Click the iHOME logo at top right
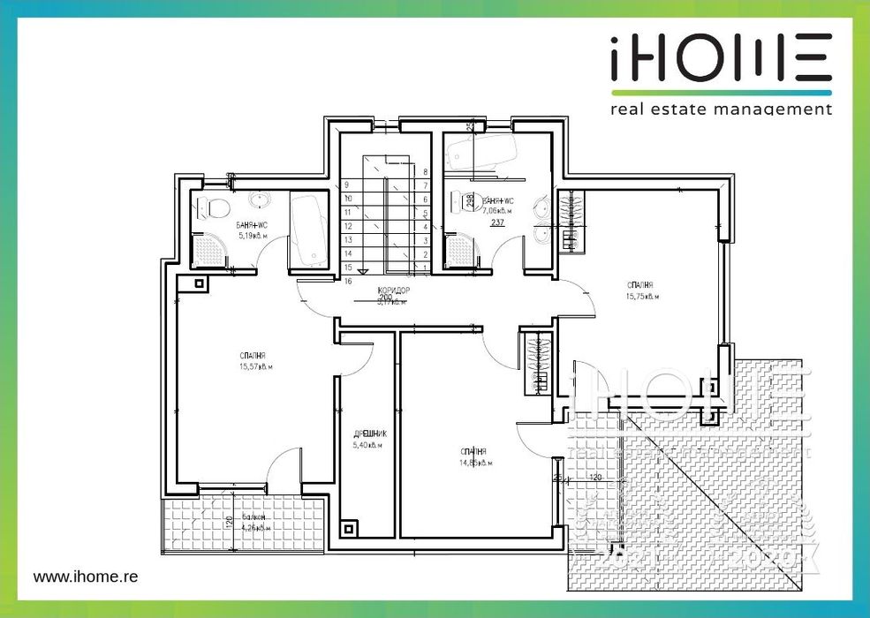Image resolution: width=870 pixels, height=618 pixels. (x=721, y=62)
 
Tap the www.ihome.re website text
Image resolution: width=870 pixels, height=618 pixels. (x=86, y=576)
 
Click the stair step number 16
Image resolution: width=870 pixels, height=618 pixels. (x=348, y=280)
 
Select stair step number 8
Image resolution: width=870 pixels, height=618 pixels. (x=426, y=171)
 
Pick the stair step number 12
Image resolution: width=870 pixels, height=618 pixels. (x=348, y=226)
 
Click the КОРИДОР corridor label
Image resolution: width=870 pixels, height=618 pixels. (x=393, y=290)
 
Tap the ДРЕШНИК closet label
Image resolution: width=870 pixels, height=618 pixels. (x=370, y=434)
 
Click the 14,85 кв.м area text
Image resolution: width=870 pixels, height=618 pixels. (x=474, y=463)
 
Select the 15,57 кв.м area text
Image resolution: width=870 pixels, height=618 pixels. (x=255, y=366)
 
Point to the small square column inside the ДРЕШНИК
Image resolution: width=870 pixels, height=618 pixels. (x=350, y=530)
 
